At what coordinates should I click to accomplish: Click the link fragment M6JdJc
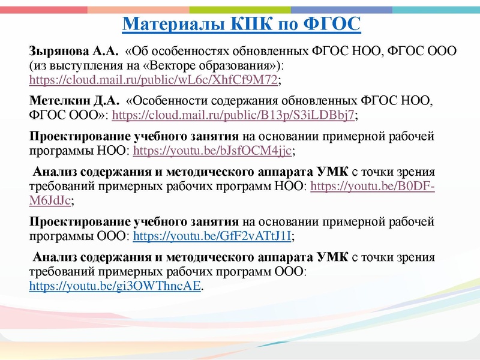click(x=51, y=200)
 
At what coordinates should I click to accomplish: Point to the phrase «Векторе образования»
click(x=212, y=64)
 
